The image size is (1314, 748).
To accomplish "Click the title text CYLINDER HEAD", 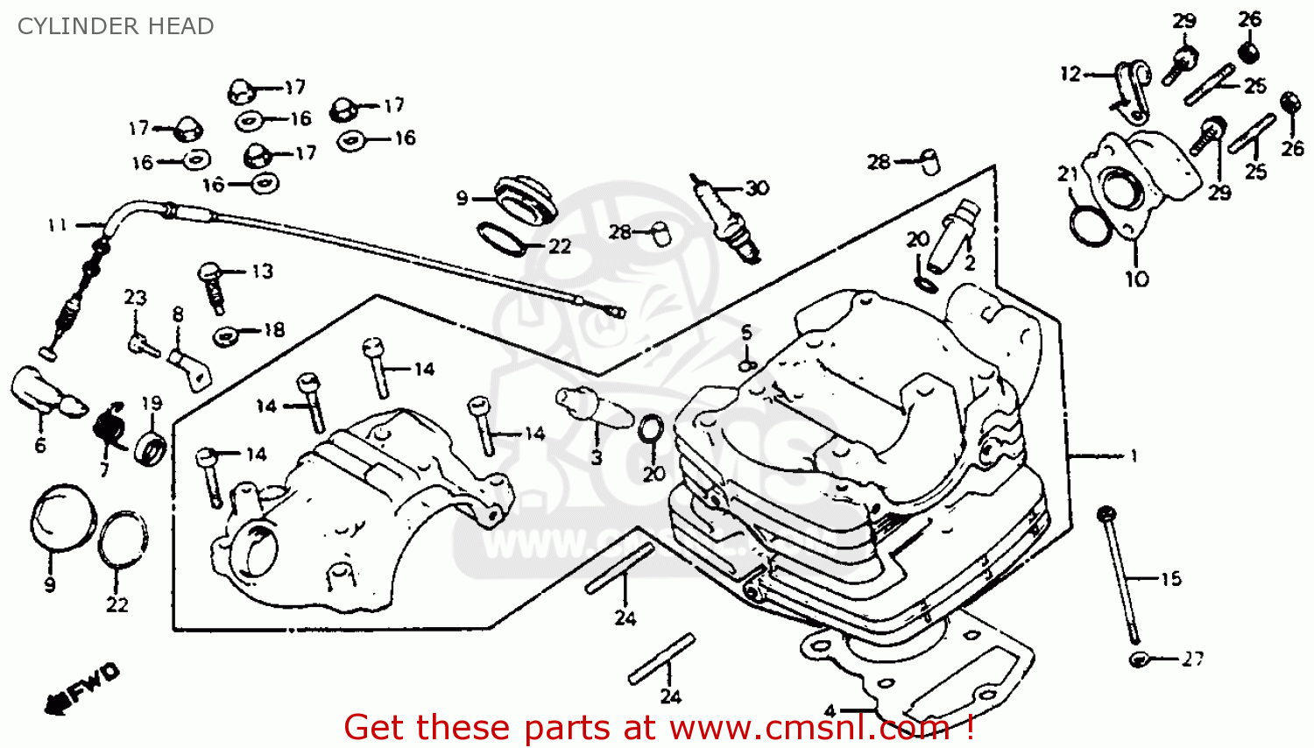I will [x=116, y=26].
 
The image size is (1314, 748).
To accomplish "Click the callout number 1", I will [x=1134, y=455].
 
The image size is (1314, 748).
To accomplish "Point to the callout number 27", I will [x=1192, y=659].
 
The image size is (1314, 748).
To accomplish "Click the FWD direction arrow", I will [x=84, y=688].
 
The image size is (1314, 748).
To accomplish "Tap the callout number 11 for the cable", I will [x=57, y=226].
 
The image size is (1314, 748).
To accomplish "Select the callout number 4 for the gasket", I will [x=829, y=711].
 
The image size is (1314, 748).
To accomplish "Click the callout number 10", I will [x=1136, y=279].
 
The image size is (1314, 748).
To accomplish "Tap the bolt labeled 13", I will [x=213, y=286].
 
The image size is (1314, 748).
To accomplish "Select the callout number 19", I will [x=152, y=403].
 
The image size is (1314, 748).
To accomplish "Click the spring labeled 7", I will [x=110, y=425].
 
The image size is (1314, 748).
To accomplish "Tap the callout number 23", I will [x=135, y=298].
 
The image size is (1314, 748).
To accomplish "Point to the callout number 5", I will [x=745, y=332].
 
